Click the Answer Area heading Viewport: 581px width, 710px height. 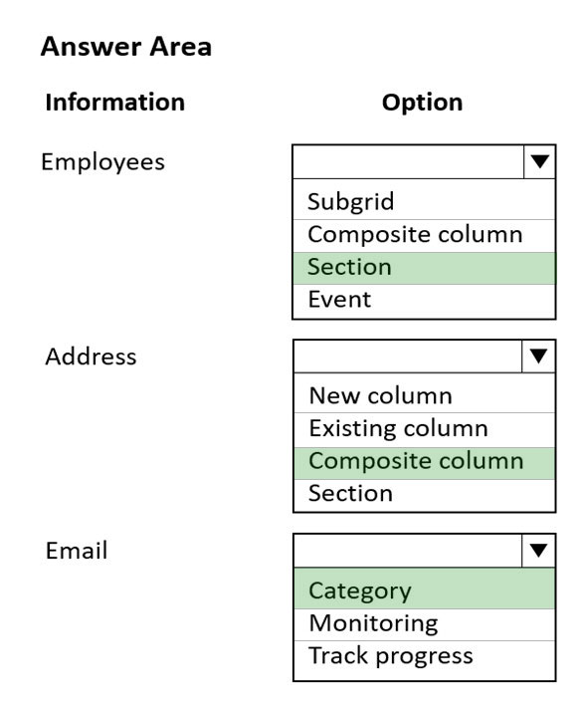tap(126, 47)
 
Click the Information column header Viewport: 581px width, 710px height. tap(115, 102)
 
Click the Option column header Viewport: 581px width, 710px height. tap(422, 103)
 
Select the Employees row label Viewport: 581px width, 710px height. tap(102, 162)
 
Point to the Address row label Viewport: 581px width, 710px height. tap(91, 356)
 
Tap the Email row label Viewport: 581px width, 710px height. tap(77, 551)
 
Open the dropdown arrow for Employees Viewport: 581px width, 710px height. tap(540, 161)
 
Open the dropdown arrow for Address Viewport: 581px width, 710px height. tap(538, 355)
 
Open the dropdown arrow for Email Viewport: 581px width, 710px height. tap(538, 550)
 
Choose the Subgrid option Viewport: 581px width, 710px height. tap(350, 202)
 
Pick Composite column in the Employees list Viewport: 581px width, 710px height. tap(415, 235)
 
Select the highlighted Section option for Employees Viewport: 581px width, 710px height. tap(349, 267)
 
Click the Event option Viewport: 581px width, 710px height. tap(339, 300)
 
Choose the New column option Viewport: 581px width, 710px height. tap(381, 395)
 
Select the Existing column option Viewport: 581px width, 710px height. tap(399, 428)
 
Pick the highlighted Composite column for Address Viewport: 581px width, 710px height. tap(416, 461)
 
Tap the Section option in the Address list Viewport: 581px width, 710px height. tap(350, 493)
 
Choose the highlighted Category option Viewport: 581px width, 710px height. tap(360, 591)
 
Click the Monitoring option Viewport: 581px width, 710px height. tap(373, 623)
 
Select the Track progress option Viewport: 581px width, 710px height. tap(391, 656)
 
